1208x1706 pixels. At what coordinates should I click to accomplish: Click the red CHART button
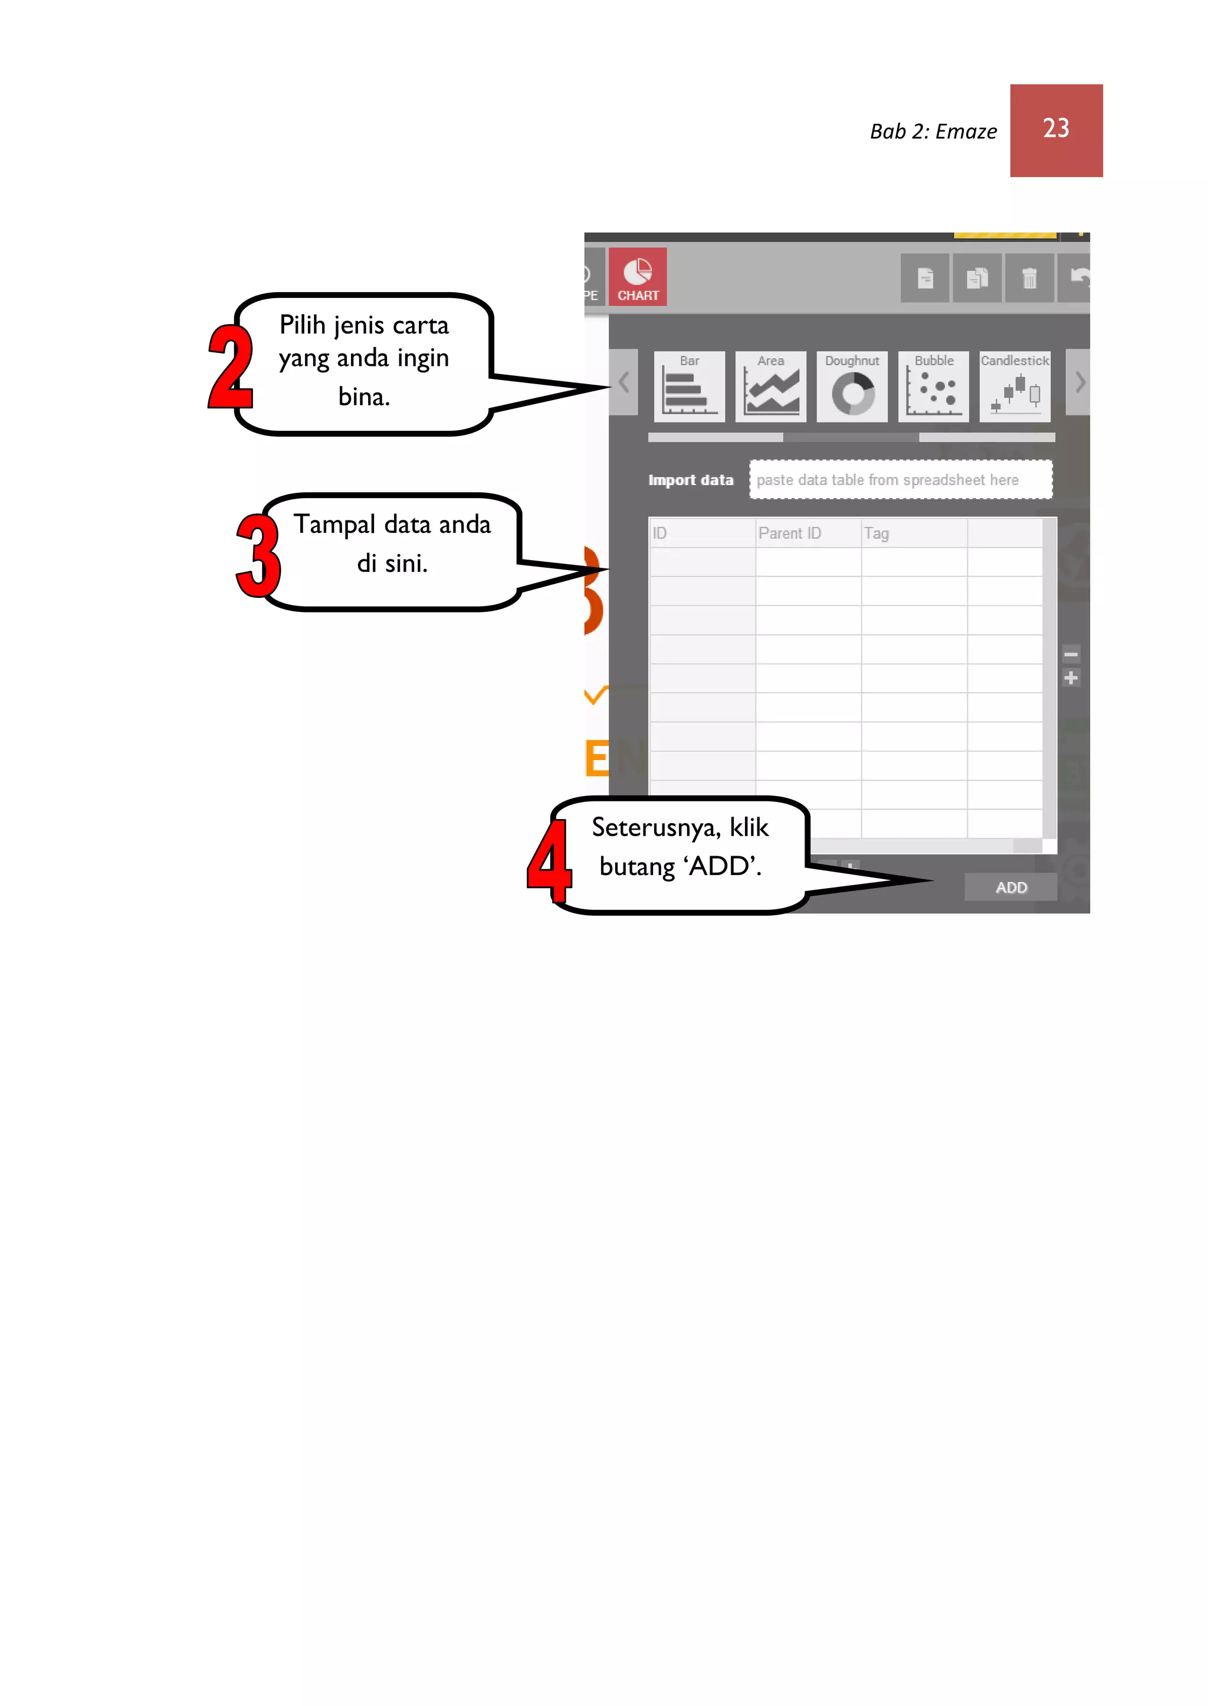(638, 277)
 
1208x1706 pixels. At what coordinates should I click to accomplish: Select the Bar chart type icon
(689, 387)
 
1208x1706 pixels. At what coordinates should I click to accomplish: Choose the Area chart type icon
(770, 387)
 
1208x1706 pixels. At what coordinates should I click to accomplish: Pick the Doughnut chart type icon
(852, 387)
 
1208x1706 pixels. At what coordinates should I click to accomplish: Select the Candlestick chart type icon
(1015, 387)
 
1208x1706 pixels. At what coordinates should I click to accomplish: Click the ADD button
(1010, 887)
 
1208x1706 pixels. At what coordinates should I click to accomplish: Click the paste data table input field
(900, 480)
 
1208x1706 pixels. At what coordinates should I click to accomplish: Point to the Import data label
(690, 480)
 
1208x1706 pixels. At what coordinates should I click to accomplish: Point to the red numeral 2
(230, 367)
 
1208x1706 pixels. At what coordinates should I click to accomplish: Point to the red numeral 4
(550, 862)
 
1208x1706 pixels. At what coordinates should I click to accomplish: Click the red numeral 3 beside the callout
(258, 556)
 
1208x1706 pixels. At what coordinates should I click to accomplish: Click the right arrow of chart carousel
(1079, 382)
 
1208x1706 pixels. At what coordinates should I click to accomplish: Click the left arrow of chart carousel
(624, 382)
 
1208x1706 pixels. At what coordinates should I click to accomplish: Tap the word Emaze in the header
(966, 132)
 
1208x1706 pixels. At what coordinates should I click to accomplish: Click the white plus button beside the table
(1071, 678)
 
